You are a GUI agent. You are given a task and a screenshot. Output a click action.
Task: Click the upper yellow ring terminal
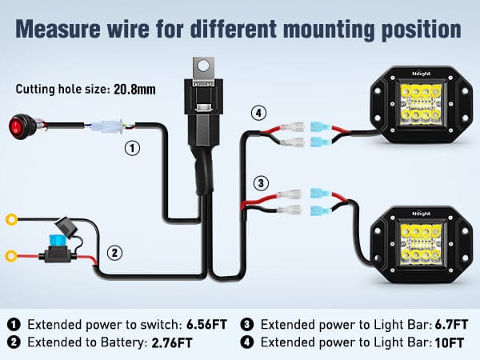13,218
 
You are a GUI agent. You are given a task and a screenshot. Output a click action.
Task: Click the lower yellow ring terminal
13,257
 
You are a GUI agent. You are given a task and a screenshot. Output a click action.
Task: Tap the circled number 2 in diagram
115,253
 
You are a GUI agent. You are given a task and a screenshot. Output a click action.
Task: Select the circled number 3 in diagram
260,182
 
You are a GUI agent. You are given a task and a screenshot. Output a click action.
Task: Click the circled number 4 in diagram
258,113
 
